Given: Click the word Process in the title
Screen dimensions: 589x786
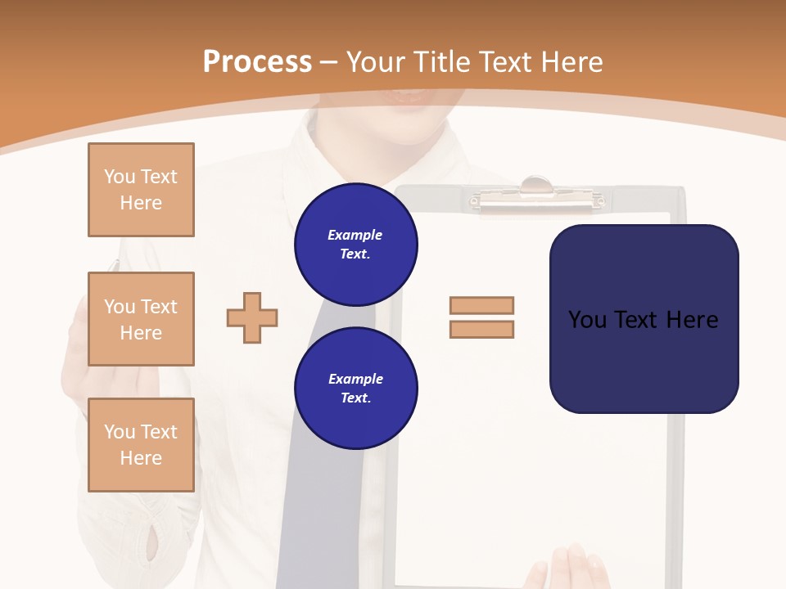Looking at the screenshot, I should [x=257, y=62].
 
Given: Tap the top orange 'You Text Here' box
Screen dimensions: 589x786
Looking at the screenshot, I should [x=141, y=190].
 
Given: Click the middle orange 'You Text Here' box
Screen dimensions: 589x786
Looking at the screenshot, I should [x=141, y=319].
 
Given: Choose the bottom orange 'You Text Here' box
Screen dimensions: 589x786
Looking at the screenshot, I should [x=141, y=445].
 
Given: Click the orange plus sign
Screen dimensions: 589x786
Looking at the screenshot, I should [x=252, y=317].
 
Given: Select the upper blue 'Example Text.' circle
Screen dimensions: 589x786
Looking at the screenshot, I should [x=355, y=245].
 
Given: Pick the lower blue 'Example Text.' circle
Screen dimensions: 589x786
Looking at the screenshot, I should [x=355, y=389].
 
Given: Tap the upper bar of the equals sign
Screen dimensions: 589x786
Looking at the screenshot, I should [x=481, y=305].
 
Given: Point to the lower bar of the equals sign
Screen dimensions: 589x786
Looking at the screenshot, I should [x=481, y=329].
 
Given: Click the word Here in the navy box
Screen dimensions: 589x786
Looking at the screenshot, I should [x=692, y=320].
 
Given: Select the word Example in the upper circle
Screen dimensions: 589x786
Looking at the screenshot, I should [x=355, y=236].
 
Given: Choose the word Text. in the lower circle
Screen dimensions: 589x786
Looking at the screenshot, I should [x=355, y=398].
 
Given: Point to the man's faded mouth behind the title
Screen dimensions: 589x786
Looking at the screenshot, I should [x=409, y=98].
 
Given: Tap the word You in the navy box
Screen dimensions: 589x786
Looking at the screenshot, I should [x=587, y=320].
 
